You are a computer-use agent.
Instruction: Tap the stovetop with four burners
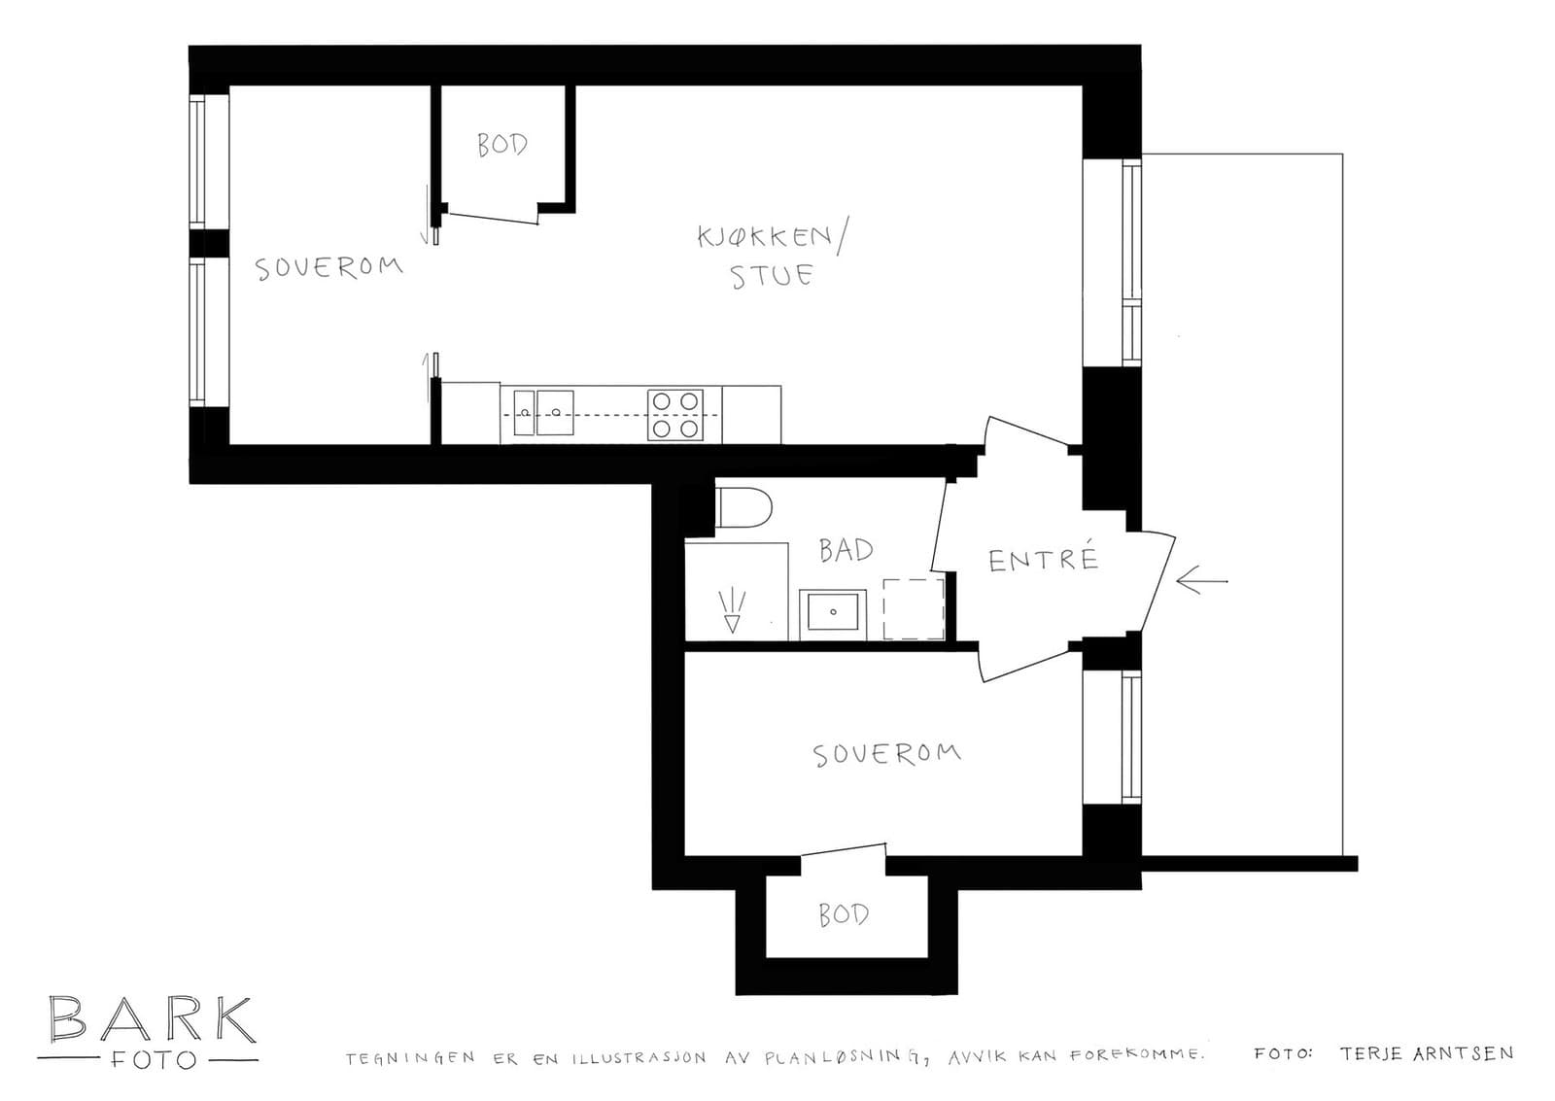click(x=675, y=415)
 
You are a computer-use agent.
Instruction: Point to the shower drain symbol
click(x=732, y=611)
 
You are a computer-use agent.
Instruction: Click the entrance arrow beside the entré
click(x=1201, y=581)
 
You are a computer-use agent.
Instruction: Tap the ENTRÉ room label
click(x=1043, y=559)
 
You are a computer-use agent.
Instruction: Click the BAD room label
click(x=846, y=551)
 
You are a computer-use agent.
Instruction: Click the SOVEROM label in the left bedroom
click(x=328, y=267)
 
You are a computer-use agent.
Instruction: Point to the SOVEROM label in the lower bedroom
click(x=886, y=754)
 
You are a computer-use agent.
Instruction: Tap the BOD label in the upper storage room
click(x=502, y=145)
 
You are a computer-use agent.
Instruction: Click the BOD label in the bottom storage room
click(x=843, y=914)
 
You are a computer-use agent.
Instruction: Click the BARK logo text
click(x=152, y=1019)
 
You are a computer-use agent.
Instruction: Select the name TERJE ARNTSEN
click(x=1426, y=1053)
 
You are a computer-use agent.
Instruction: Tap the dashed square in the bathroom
click(x=914, y=609)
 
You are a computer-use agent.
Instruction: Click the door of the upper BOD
click(x=491, y=214)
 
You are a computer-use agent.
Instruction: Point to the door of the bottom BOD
click(x=843, y=852)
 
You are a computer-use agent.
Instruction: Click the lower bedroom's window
click(x=1129, y=737)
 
